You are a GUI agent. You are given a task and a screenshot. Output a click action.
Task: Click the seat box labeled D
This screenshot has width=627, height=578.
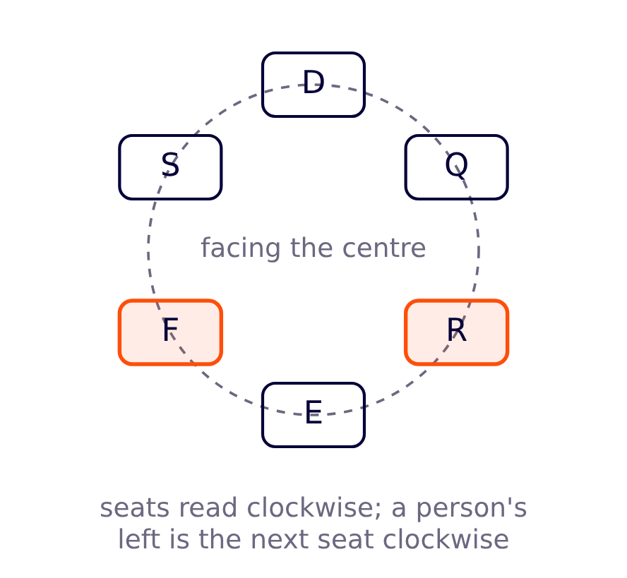click(313, 85)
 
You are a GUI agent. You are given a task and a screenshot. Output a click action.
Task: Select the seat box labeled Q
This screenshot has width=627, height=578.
click(457, 167)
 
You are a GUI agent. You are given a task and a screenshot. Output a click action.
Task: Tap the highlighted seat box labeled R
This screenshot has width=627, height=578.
click(457, 332)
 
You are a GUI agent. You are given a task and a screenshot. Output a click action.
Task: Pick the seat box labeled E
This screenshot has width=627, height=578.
click(313, 415)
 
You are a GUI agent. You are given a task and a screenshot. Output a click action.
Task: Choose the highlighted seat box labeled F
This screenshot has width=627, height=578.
click(170, 332)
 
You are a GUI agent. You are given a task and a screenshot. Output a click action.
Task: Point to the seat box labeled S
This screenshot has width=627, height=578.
click(170, 167)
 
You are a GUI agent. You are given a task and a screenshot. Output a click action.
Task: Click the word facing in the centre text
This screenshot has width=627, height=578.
click(241, 248)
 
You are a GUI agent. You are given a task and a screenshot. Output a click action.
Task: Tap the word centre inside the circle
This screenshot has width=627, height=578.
click(384, 248)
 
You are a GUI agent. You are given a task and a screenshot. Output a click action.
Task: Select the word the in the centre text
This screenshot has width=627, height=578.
click(311, 248)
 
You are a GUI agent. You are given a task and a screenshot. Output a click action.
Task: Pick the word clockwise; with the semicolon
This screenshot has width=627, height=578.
click(314, 508)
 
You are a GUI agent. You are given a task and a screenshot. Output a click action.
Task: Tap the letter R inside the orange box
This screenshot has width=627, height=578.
click(457, 330)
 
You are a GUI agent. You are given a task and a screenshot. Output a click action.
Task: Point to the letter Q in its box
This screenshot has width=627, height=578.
click(457, 164)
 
